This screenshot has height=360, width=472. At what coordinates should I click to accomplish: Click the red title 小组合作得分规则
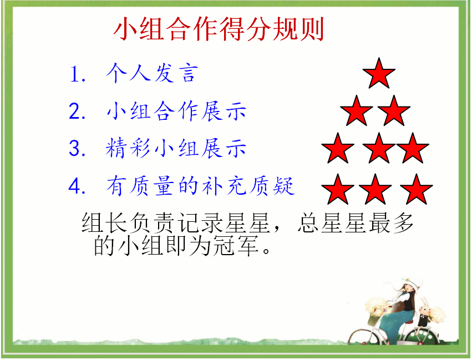point(219,29)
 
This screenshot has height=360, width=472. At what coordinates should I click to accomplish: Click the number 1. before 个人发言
point(78,74)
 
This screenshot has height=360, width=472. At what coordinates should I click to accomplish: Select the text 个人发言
point(152,73)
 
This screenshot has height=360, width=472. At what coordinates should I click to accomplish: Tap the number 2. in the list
point(77,111)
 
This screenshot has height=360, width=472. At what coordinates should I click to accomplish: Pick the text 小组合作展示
point(176,111)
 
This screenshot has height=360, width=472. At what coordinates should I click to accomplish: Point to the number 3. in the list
point(77,149)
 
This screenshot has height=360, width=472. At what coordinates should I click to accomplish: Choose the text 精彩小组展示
point(176,148)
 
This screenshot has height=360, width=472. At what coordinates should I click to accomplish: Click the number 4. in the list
point(77,186)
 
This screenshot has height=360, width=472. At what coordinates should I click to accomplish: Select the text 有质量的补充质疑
point(200,186)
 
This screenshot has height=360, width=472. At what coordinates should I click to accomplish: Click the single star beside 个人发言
point(379,74)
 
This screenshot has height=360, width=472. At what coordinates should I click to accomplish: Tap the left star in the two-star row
point(357,111)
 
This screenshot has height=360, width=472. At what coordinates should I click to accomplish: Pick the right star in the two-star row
point(394,111)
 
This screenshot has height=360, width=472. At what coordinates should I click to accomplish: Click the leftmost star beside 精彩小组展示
point(338,149)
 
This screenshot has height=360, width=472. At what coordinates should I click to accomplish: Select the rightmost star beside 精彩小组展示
point(413,149)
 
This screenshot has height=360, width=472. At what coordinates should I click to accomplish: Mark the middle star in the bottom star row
point(375,190)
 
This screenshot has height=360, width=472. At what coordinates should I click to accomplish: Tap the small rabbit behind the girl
point(425,315)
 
